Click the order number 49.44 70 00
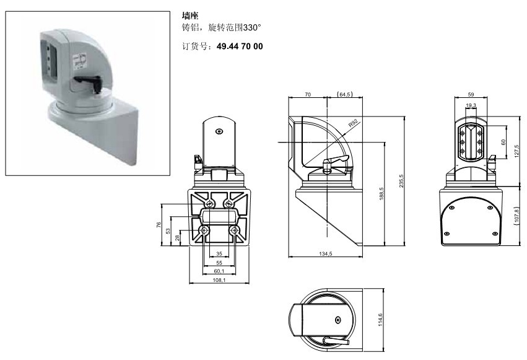(x=240, y=46)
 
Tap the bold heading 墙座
(x=190, y=15)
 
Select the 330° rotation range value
(x=252, y=27)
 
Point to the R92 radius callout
(x=353, y=123)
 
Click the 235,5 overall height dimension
(x=401, y=181)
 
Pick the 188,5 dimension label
(x=381, y=194)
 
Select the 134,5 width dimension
(x=325, y=254)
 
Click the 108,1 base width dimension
(x=219, y=280)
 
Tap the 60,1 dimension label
(x=219, y=271)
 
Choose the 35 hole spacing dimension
(x=219, y=254)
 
